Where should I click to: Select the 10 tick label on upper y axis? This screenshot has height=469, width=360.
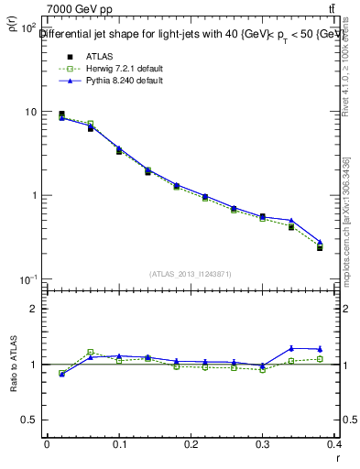30,112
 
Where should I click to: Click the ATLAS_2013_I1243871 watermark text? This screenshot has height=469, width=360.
191,274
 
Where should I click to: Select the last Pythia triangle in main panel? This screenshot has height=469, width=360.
320,243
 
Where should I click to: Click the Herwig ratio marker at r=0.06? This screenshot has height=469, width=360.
91,352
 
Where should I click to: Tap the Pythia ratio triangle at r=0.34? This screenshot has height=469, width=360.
291,348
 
